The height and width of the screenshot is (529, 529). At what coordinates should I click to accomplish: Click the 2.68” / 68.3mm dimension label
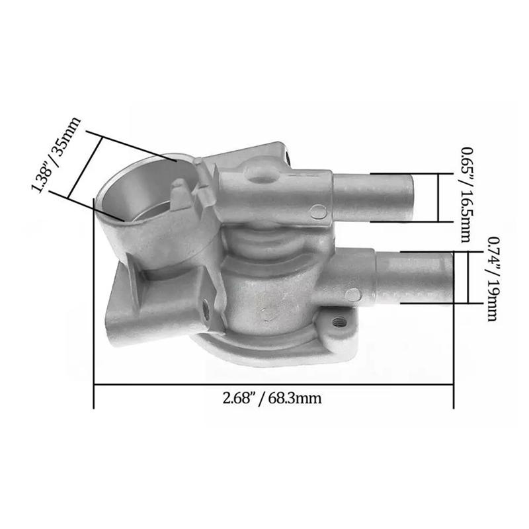[272, 399]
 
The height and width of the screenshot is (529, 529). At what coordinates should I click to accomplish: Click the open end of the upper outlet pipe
[409, 196]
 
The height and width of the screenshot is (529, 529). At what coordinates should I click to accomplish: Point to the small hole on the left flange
[206, 306]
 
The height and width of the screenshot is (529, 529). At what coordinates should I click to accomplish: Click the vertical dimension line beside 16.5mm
[437, 197]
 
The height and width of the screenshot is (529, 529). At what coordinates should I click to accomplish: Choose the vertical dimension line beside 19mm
[468, 278]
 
